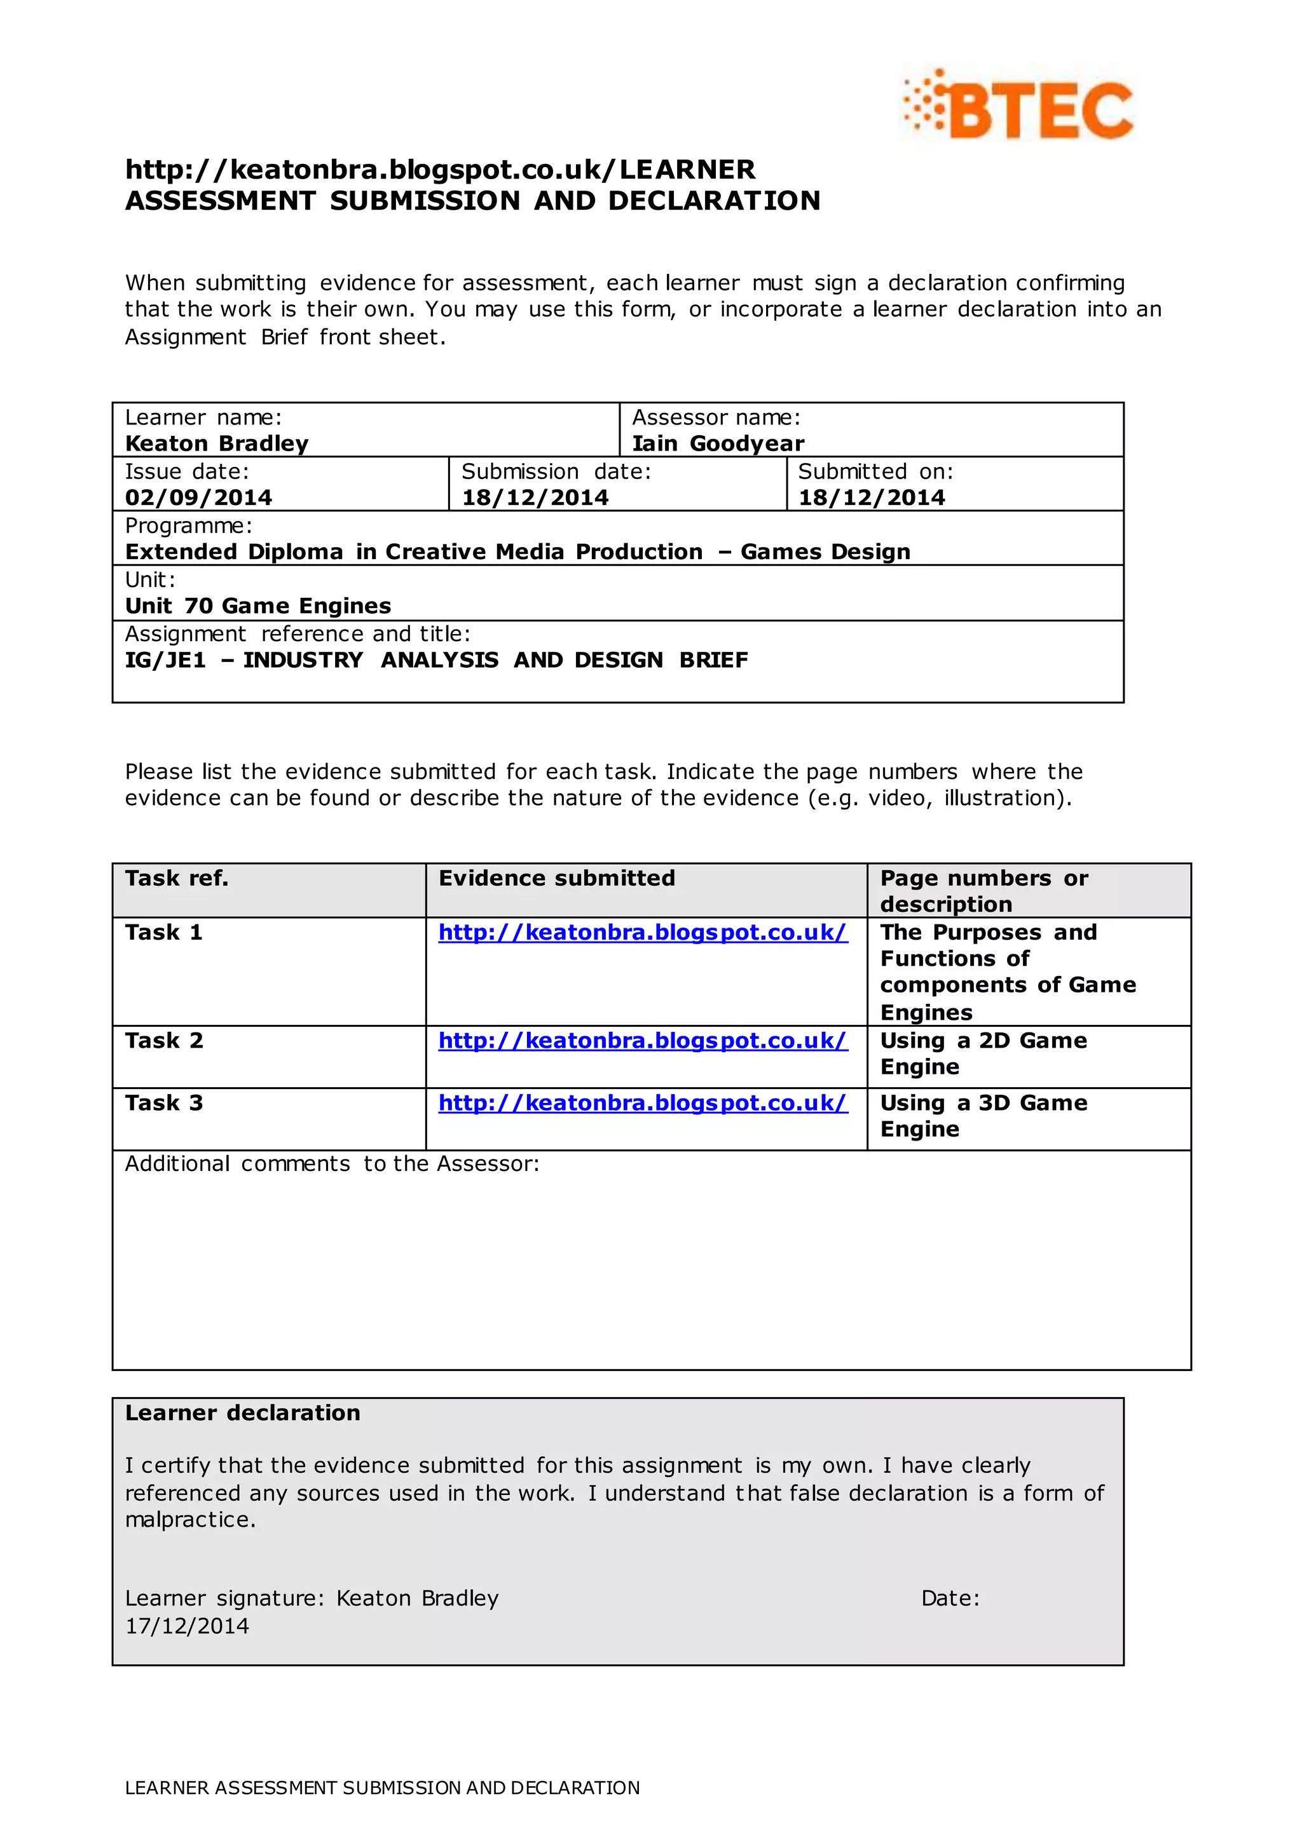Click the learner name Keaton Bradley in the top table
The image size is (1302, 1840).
pos(216,443)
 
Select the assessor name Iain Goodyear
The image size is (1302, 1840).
pos(718,443)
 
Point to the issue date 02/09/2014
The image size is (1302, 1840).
pos(198,497)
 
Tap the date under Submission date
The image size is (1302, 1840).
pos(535,497)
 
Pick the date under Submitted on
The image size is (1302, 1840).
pos(872,497)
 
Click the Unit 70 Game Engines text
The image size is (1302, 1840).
pos(257,606)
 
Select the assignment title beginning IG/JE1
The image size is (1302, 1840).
pos(436,660)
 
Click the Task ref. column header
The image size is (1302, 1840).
pos(176,878)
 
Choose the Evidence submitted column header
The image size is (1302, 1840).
pos(556,878)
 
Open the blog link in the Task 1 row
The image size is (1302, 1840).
pos(642,933)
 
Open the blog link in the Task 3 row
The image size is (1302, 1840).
pos(642,1104)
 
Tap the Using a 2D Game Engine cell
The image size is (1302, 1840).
pos(983,1054)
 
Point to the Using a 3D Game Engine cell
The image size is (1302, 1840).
pos(983,1116)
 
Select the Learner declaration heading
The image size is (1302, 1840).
pos(242,1413)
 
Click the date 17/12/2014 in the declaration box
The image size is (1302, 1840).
pos(187,1626)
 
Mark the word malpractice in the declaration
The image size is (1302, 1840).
pos(189,1520)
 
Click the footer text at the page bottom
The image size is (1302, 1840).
pos(383,1788)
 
